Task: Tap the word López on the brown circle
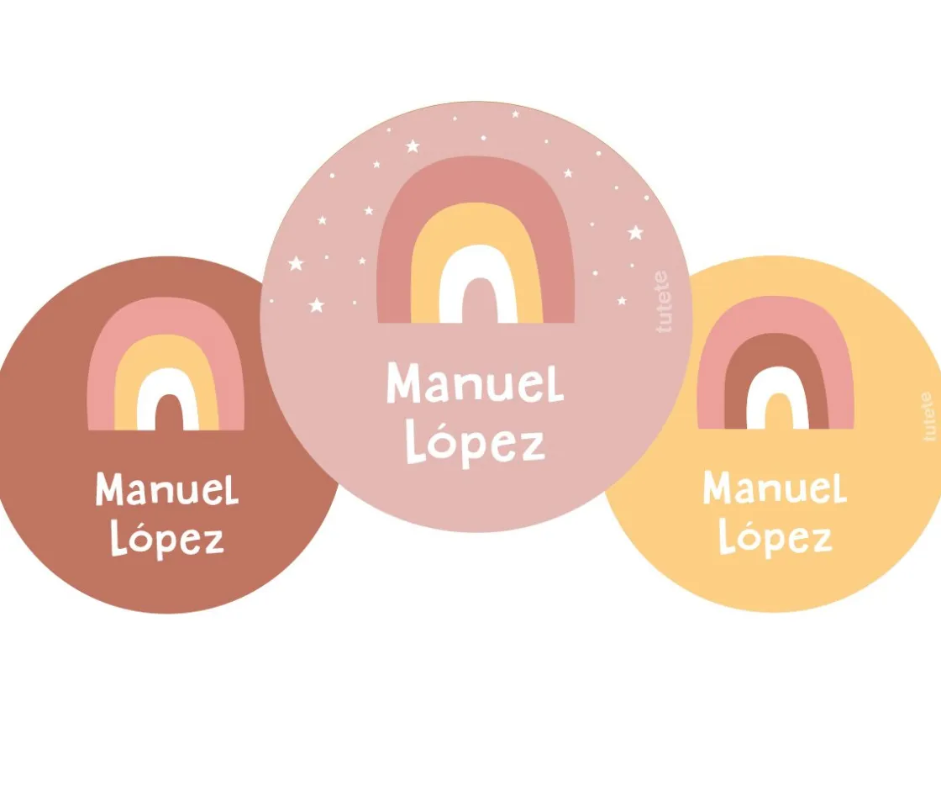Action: (x=167, y=540)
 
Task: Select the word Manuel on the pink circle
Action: (x=475, y=384)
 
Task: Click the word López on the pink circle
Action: (x=475, y=443)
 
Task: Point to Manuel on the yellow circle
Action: (x=774, y=488)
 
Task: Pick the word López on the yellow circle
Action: (x=775, y=538)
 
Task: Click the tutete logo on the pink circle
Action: (x=664, y=301)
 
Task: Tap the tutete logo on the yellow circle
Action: (x=928, y=416)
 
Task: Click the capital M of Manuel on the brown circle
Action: (x=111, y=488)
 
